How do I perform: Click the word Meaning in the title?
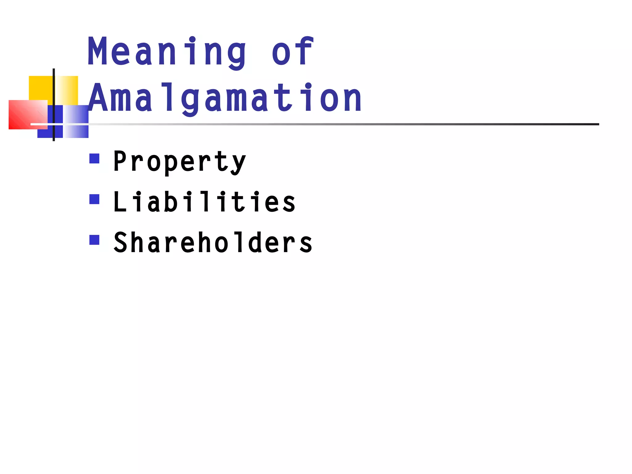click(x=167, y=52)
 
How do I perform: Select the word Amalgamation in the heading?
click(x=225, y=98)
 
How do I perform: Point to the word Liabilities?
click(x=204, y=202)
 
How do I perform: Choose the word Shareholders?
click(x=213, y=243)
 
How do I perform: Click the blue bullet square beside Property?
click(x=94, y=159)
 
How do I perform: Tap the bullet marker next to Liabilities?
click(x=94, y=199)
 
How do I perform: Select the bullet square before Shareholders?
click(x=94, y=240)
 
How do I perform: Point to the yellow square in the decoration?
click(x=40, y=88)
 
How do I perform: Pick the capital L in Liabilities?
click(x=120, y=202)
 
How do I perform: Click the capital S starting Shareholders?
click(x=120, y=243)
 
